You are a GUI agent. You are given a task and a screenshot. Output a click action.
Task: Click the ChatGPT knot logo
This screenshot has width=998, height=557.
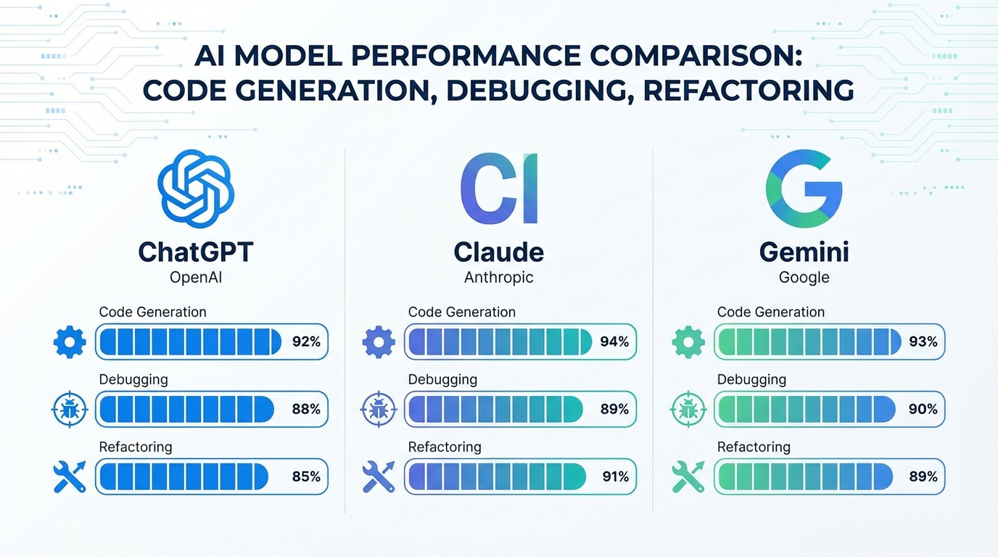196,188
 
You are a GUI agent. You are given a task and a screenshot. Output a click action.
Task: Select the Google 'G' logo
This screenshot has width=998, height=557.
804,188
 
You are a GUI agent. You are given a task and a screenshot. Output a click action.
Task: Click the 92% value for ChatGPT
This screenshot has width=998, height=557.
306,342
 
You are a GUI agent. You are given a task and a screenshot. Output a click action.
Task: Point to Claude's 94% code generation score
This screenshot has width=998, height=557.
614,342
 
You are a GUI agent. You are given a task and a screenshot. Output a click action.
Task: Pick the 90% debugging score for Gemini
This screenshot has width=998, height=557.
923,409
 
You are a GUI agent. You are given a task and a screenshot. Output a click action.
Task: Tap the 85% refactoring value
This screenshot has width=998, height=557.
306,476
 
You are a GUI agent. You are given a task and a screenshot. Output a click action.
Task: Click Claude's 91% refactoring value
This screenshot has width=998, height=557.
615,476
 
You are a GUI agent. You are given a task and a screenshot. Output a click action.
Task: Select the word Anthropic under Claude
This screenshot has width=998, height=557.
498,278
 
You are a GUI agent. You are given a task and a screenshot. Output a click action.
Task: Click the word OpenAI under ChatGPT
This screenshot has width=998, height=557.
195,278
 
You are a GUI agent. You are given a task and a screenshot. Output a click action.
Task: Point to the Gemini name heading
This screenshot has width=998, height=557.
804,252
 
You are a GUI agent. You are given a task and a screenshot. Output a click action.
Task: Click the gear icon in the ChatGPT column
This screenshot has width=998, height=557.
70,342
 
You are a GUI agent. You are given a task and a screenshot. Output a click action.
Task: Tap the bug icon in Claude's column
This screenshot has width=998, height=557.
378,410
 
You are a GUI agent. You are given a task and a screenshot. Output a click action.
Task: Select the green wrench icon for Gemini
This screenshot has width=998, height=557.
687,476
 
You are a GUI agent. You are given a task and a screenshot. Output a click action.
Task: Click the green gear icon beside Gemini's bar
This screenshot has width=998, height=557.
688,342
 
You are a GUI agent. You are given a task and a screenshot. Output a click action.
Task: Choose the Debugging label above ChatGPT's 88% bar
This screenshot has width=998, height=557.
133,379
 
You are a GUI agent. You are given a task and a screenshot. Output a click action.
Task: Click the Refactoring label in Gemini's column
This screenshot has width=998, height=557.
754,447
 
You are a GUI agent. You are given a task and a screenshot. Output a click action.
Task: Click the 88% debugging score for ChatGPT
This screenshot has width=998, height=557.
306,409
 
